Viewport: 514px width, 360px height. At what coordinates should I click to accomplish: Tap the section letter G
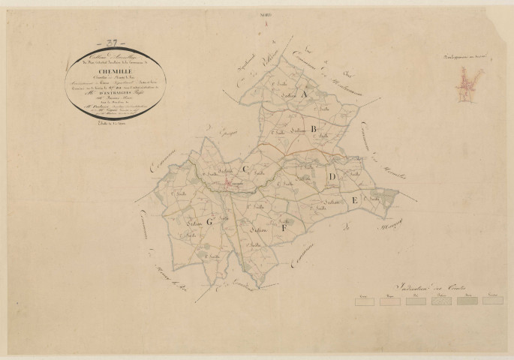211,222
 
